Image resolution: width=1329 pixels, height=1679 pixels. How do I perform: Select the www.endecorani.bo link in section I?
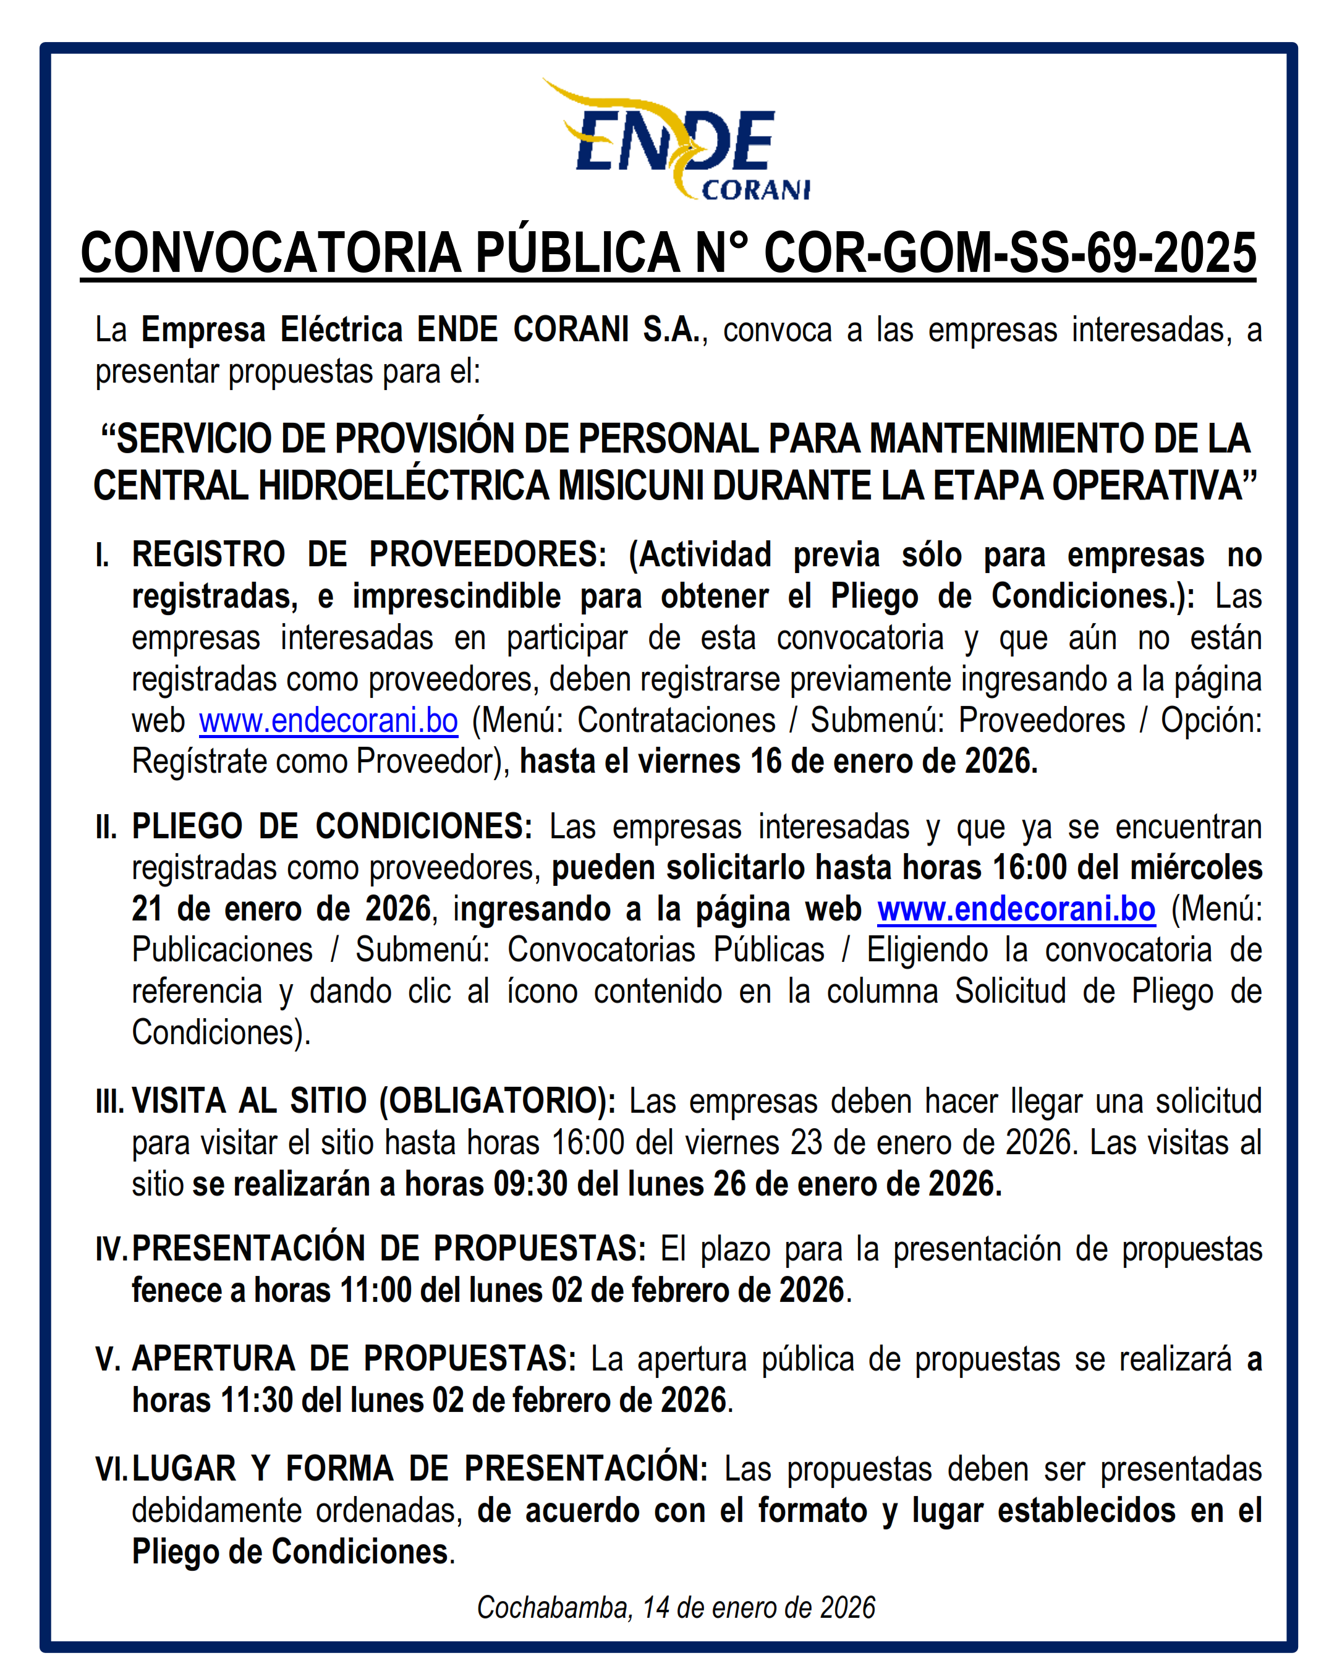pos(328,720)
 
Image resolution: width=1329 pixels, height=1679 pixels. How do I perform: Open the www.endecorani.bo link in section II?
pos(1016,909)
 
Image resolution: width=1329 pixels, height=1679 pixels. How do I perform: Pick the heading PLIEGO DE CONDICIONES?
pos(331,827)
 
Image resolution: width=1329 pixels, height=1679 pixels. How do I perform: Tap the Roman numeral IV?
pos(111,1249)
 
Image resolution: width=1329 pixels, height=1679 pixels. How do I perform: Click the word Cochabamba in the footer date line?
pos(554,1607)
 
